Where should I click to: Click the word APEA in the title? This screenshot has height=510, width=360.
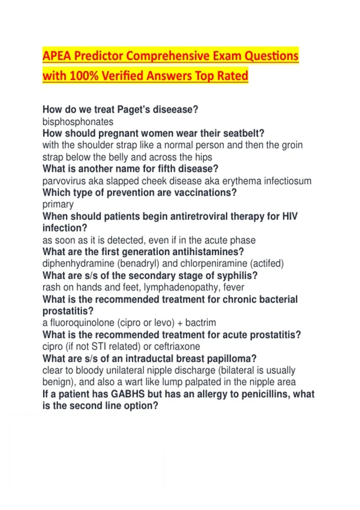(x=56, y=56)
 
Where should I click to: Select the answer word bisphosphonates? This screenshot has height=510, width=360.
(x=78, y=122)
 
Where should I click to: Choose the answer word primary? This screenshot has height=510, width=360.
(x=58, y=205)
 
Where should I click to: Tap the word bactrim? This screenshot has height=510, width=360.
(x=200, y=323)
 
